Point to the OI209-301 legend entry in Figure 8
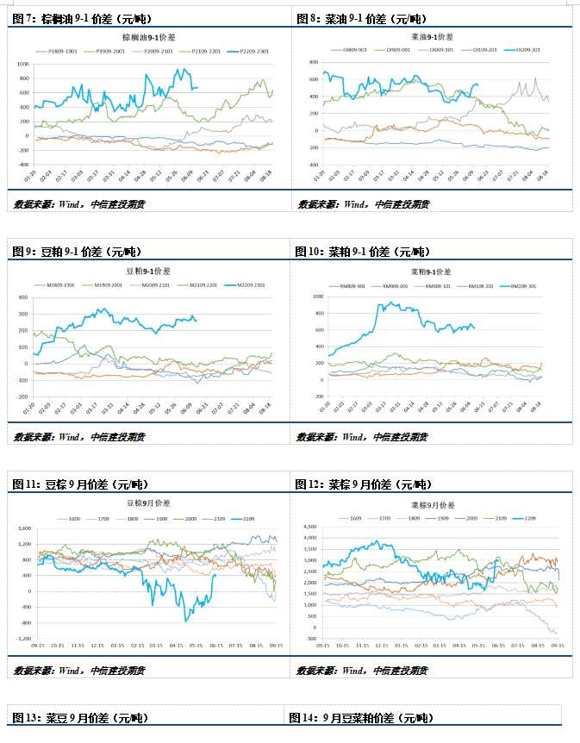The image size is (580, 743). pyautogui.click(x=528, y=51)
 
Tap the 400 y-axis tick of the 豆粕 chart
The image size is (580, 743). pyautogui.click(x=25, y=297)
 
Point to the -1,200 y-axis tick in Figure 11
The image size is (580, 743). pyautogui.click(x=21, y=639)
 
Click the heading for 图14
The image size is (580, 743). pyautogui.click(x=361, y=718)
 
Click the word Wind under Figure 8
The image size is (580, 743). pyautogui.click(x=352, y=204)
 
